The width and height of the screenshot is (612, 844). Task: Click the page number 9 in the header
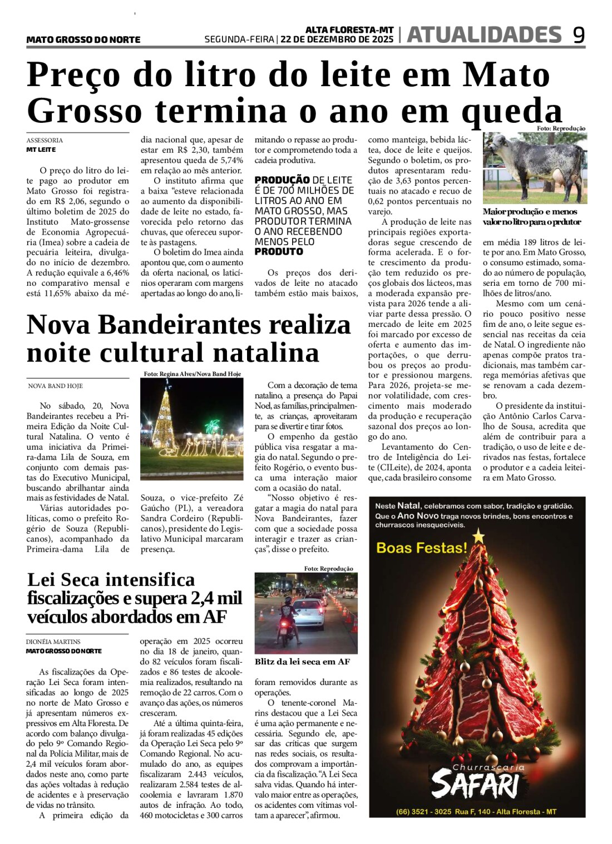click(579, 35)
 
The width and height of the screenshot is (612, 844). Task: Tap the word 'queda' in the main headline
click(512, 111)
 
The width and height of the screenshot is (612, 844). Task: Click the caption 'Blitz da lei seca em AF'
click(302, 662)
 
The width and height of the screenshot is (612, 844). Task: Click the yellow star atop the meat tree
click(478, 536)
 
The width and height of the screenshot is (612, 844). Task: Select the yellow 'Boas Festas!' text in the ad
click(422, 548)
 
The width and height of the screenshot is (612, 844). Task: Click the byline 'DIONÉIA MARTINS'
click(53, 642)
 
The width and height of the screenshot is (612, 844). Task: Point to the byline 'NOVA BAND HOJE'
click(55, 386)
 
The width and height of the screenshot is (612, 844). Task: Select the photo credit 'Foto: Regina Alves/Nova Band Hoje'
click(192, 374)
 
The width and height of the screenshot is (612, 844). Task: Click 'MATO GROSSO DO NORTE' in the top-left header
click(83, 39)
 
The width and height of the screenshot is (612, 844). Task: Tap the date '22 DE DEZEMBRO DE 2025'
click(337, 39)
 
